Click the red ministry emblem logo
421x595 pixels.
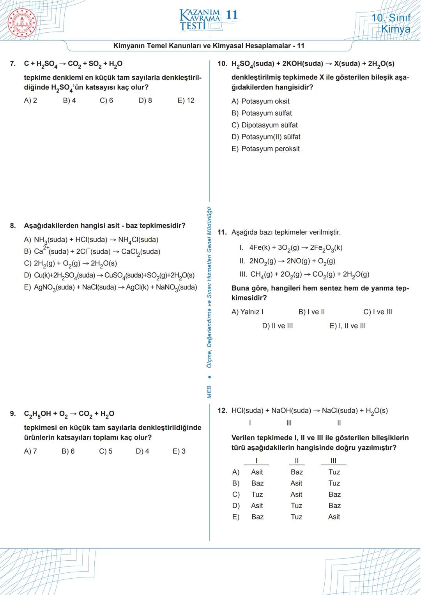point(22,23)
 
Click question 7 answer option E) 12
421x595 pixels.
point(186,101)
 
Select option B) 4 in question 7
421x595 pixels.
point(69,101)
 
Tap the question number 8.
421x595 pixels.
point(13,226)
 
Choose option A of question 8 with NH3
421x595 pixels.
point(91,240)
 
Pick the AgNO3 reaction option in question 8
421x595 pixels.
point(111,288)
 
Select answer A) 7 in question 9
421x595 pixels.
point(30,451)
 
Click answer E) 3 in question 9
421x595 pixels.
point(179,451)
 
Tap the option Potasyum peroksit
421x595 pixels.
point(265,149)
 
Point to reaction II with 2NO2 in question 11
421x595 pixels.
point(287,261)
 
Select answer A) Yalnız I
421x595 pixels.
point(248,312)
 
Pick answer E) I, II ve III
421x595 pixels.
point(348,326)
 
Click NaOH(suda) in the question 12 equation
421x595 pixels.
point(291,411)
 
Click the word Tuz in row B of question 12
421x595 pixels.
point(334,483)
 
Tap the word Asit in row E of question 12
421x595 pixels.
point(334,517)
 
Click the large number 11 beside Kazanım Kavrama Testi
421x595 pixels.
point(232,15)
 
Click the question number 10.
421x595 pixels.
point(222,64)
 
